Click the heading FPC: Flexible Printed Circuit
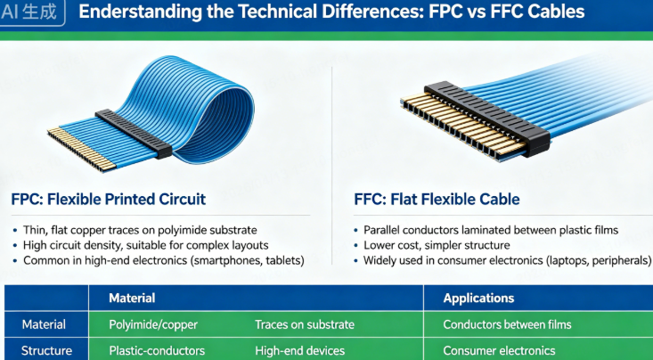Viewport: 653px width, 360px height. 110,199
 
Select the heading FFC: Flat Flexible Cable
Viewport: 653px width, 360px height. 436,199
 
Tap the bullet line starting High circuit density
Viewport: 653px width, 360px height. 146,244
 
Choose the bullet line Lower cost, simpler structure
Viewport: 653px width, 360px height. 436,245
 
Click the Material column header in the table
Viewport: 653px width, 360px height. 132,299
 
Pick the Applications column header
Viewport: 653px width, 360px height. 479,299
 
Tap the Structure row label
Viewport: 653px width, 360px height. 46,350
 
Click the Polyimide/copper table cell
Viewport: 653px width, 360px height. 152,324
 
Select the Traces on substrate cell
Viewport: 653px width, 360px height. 305,324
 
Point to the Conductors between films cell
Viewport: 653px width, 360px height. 507,324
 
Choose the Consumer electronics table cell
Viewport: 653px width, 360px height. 499,350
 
